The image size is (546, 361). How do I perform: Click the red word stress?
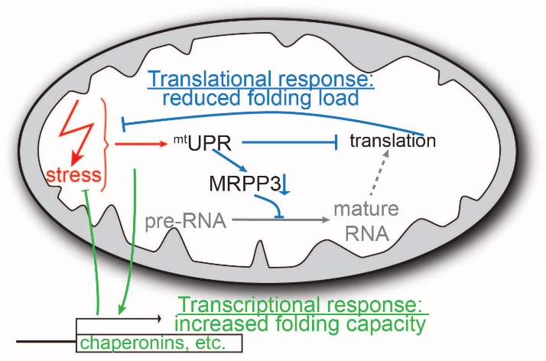point(74,174)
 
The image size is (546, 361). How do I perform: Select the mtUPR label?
point(203,143)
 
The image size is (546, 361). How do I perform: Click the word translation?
point(393,141)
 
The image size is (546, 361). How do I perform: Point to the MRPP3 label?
point(245,184)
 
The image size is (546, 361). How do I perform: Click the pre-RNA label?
point(186,221)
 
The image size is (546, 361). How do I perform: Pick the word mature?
point(366,210)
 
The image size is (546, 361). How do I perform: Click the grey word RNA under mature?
point(366,233)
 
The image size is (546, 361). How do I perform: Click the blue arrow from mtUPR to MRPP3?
point(230,160)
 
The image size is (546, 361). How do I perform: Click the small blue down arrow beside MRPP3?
point(285,184)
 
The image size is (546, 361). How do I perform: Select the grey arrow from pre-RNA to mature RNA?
point(281,220)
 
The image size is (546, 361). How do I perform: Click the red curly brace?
point(105,145)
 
